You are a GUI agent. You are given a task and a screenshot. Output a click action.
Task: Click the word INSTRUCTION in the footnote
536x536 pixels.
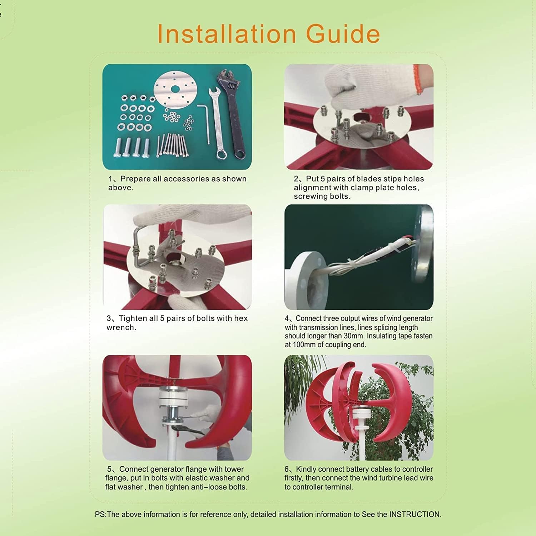[415, 515]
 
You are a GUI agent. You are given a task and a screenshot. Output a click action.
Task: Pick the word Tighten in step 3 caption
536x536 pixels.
[133, 318]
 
